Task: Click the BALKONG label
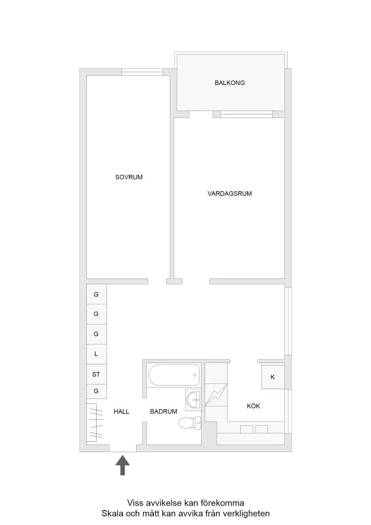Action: coord(229,83)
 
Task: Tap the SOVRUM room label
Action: coord(129,177)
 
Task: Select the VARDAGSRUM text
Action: coord(229,194)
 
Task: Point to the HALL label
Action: coord(121,411)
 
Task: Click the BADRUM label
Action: coord(163,411)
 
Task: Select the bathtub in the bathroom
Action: coord(174,375)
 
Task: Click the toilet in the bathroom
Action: coord(190,423)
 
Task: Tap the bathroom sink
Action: coord(193,400)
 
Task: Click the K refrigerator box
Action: coord(273,377)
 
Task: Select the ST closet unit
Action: coord(96,374)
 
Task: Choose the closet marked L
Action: coord(96,354)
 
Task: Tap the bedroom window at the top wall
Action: coord(142,72)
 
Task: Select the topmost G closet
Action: coord(96,294)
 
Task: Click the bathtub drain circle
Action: coord(195,375)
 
